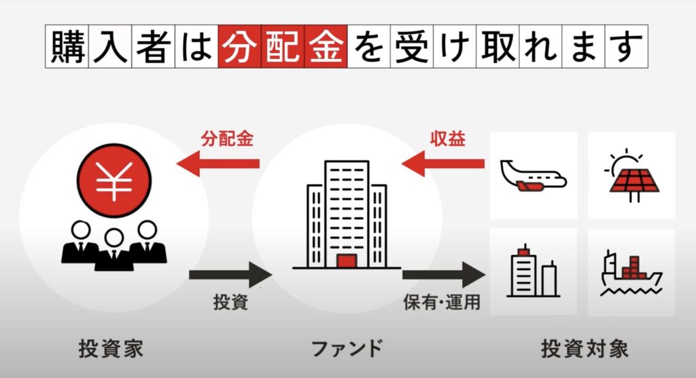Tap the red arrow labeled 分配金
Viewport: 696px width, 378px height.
(x=217, y=164)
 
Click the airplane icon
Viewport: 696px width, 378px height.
(x=533, y=175)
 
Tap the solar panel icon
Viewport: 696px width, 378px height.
(x=631, y=177)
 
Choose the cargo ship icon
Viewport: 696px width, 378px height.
(x=631, y=273)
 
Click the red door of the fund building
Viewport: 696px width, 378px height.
(x=346, y=261)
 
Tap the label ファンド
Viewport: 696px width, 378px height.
(x=346, y=349)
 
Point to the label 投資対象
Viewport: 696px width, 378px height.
(x=584, y=349)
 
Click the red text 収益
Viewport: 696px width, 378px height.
(x=447, y=137)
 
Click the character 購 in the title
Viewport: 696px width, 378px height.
(x=67, y=47)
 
